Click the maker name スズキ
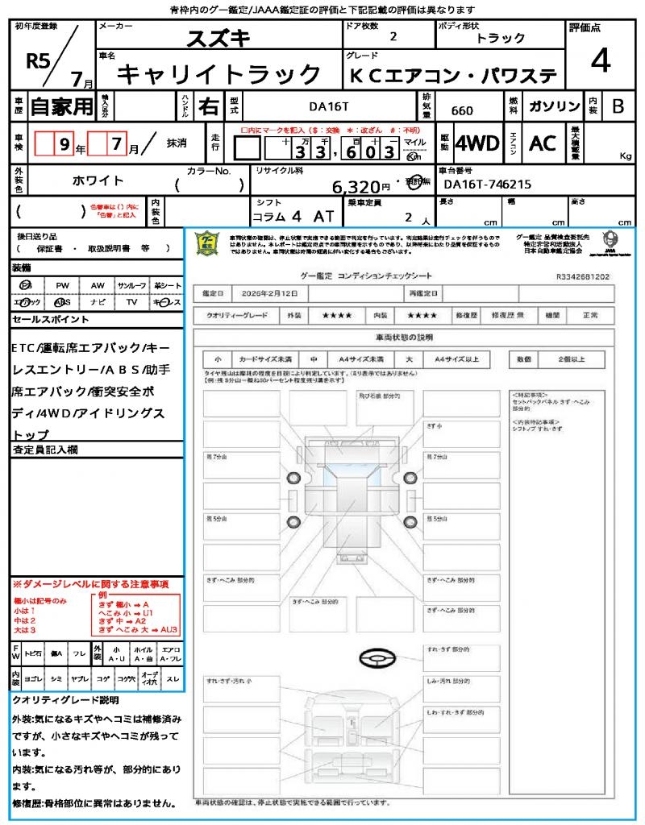coord(218,38)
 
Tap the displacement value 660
coord(462,111)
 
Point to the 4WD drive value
coord(477,143)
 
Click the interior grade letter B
coord(618,106)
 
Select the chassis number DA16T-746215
coord(484,184)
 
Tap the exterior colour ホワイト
coord(98,181)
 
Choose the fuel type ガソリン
coord(554,106)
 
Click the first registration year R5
coord(37,62)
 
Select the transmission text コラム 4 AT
coord(292,216)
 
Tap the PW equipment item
coord(62,286)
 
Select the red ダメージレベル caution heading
coord(90,583)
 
